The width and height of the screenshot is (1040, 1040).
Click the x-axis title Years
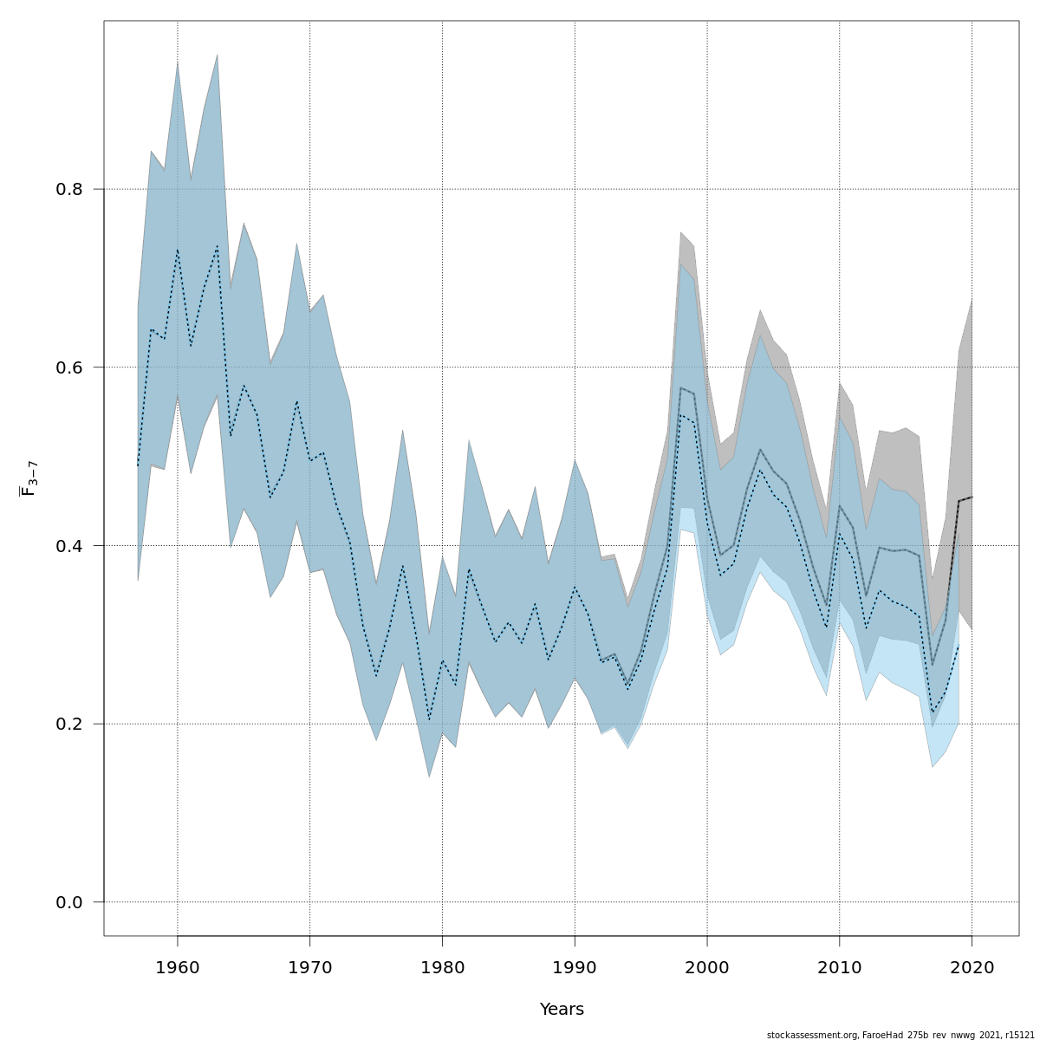(562, 1010)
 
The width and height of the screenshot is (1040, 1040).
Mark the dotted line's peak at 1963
(218, 246)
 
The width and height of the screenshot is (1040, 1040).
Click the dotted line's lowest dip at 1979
(429, 719)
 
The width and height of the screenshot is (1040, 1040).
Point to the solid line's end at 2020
(972, 497)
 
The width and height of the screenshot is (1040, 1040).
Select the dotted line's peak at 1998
(681, 415)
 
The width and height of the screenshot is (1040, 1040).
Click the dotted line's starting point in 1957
(138, 465)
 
